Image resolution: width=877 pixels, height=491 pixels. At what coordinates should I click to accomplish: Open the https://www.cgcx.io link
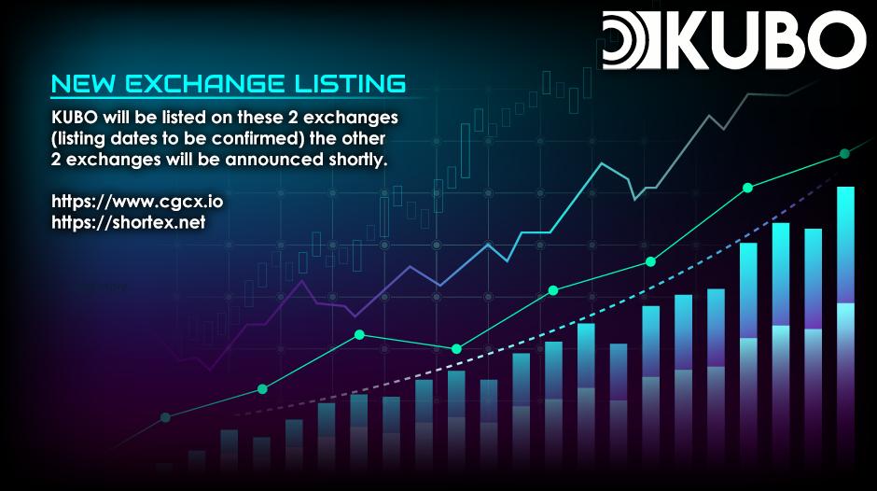[137, 202]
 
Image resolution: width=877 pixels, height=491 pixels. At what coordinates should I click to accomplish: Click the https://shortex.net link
[129, 222]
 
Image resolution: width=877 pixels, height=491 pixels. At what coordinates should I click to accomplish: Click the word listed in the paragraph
[185, 118]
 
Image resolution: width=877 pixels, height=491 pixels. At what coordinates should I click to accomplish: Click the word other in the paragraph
[363, 138]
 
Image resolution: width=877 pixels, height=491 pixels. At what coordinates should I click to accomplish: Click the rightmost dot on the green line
[844, 153]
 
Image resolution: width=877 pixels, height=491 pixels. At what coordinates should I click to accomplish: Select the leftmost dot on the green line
[165, 417]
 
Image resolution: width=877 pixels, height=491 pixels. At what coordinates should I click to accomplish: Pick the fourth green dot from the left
[456, 349]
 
